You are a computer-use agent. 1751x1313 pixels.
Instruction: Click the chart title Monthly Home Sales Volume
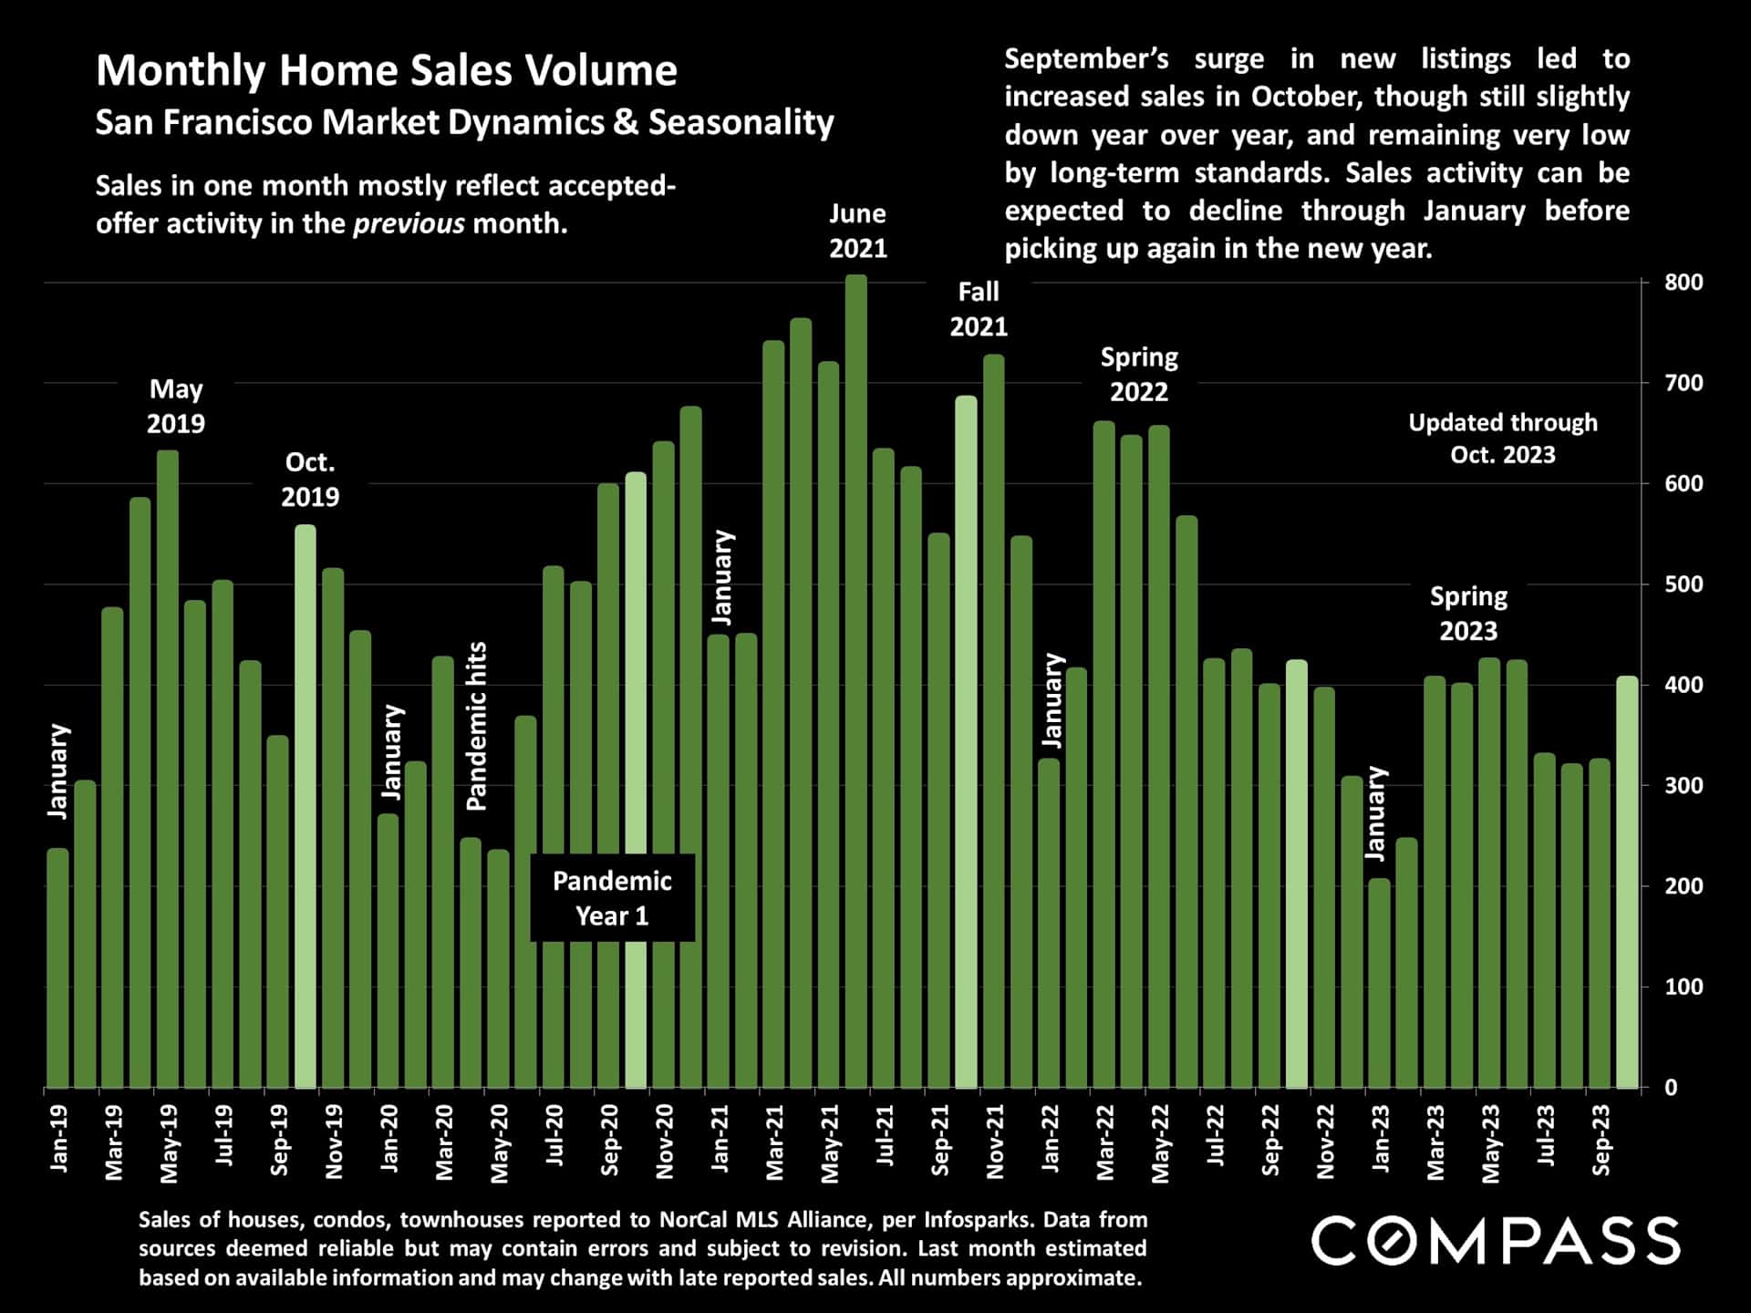point(387,70)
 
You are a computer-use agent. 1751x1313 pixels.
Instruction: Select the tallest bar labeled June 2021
point(856,684)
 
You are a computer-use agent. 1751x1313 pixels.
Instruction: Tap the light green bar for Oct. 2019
point(306,807)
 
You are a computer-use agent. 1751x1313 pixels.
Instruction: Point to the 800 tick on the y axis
point(1684,283)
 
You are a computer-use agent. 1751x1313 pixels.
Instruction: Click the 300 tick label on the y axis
point(1684,786)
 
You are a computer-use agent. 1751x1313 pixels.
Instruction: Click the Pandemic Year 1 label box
point(612,898)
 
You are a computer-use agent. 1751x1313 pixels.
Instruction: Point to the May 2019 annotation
point(176,407)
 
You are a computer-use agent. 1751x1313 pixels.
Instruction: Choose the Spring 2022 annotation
point(1139,375)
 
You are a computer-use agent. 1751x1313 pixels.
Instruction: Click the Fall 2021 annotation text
point(979,309)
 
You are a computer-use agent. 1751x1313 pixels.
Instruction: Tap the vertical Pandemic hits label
point(477,727)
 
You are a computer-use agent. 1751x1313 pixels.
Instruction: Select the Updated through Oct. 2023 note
point(1503,439)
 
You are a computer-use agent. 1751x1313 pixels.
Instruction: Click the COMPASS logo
point(1495,1241)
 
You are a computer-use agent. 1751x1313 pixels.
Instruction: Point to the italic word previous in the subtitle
point(409,224)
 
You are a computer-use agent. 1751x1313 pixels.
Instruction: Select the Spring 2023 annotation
point(1468,614)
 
